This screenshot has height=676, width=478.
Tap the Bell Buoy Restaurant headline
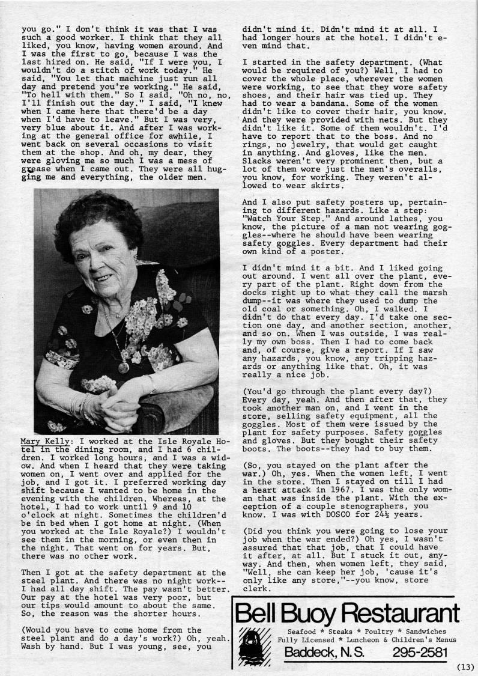pos(346,613)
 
